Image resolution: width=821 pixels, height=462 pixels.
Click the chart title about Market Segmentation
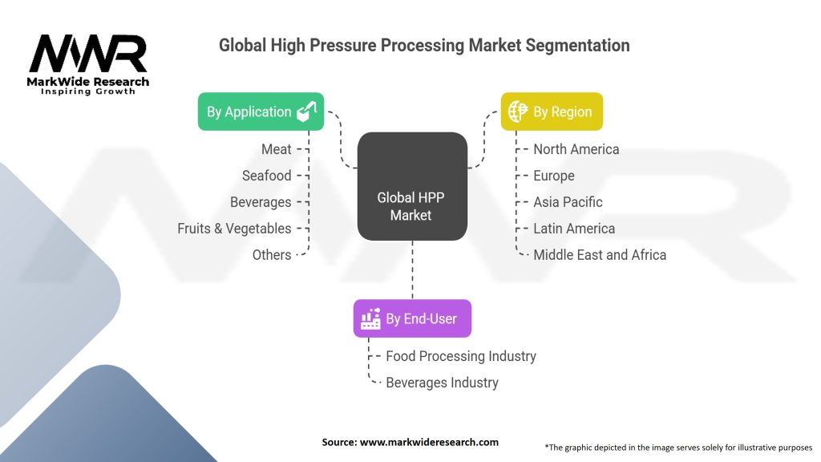[424, 46]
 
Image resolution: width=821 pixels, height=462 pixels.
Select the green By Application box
[261, 111]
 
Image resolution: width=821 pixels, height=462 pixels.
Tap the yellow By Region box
[552, 111]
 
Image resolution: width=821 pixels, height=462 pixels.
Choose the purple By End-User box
[412, 318]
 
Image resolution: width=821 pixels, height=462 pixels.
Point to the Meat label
[276, 149]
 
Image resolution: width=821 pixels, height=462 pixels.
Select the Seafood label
[267, 176]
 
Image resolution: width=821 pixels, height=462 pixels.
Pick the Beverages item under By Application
[261, 202]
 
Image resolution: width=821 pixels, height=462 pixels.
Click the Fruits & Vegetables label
[234, 229]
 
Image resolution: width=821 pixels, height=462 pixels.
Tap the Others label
[271, 255]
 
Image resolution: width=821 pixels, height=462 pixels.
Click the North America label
[576, 149]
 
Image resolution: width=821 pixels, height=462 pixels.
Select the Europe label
[553, 176]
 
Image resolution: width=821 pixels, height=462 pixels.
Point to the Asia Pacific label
[568, 202]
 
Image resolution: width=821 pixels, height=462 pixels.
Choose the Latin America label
[574, 229]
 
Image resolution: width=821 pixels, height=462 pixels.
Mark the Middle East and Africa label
[600, 255]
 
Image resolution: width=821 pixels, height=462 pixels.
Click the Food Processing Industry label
[461, 356]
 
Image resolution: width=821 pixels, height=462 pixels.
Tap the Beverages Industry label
[442, 383]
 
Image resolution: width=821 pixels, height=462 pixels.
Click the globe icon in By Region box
[519, 111]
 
